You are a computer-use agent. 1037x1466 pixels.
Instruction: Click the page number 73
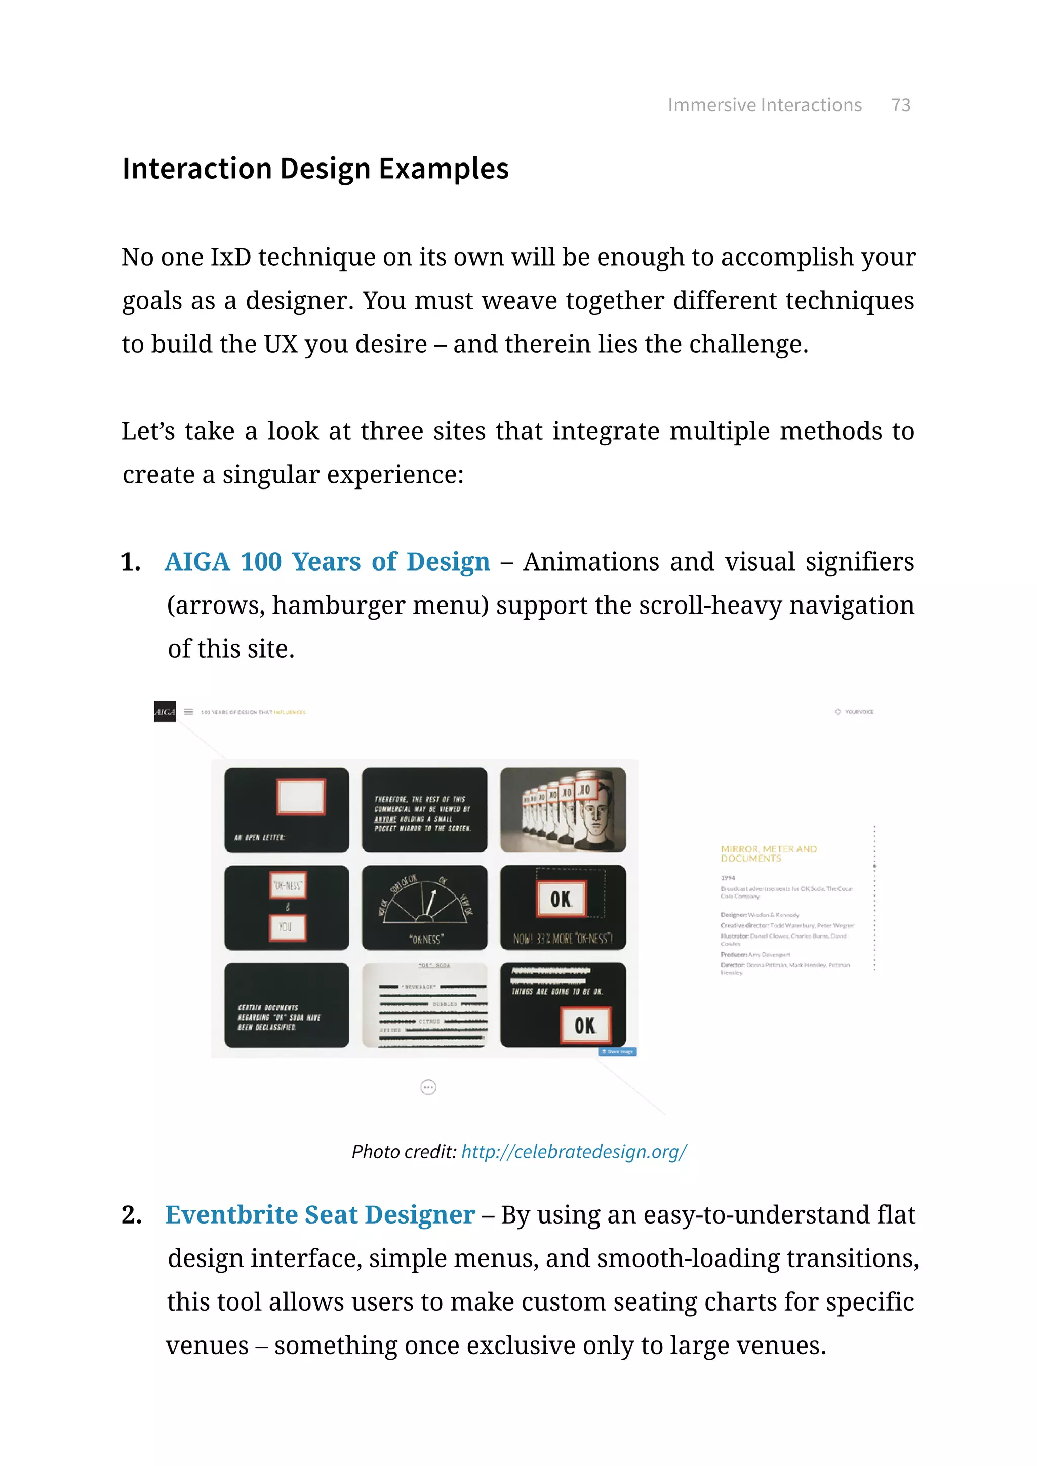[900, 105]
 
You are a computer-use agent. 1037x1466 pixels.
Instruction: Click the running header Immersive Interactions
[765, 105]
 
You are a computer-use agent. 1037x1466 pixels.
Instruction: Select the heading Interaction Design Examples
[315, 169]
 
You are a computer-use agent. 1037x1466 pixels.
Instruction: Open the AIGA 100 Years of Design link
[327, 562]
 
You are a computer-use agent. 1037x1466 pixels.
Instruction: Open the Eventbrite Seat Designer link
[320, 1214]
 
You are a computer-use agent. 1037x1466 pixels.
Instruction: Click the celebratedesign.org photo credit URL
[573, 1151]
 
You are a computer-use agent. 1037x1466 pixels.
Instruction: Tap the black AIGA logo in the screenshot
[165, 711]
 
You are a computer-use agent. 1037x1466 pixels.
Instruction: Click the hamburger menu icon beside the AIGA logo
[188, 711]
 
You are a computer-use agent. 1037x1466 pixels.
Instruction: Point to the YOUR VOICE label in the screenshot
[858, 711]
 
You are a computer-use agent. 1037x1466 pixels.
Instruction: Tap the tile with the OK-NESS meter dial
[425, 907]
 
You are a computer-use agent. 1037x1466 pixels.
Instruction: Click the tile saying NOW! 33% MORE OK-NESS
[563, 907]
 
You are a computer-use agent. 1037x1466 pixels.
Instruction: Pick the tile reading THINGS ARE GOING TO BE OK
[563, 1005]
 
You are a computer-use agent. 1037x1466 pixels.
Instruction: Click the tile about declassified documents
[287, 1005]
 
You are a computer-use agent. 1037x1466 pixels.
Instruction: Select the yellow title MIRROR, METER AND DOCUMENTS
[768, 853]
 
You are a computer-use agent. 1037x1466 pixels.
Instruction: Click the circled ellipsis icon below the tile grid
[428, 1087]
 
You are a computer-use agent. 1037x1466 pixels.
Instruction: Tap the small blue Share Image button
[617, 1051]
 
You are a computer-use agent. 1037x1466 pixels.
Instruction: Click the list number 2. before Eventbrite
[132, 1215]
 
